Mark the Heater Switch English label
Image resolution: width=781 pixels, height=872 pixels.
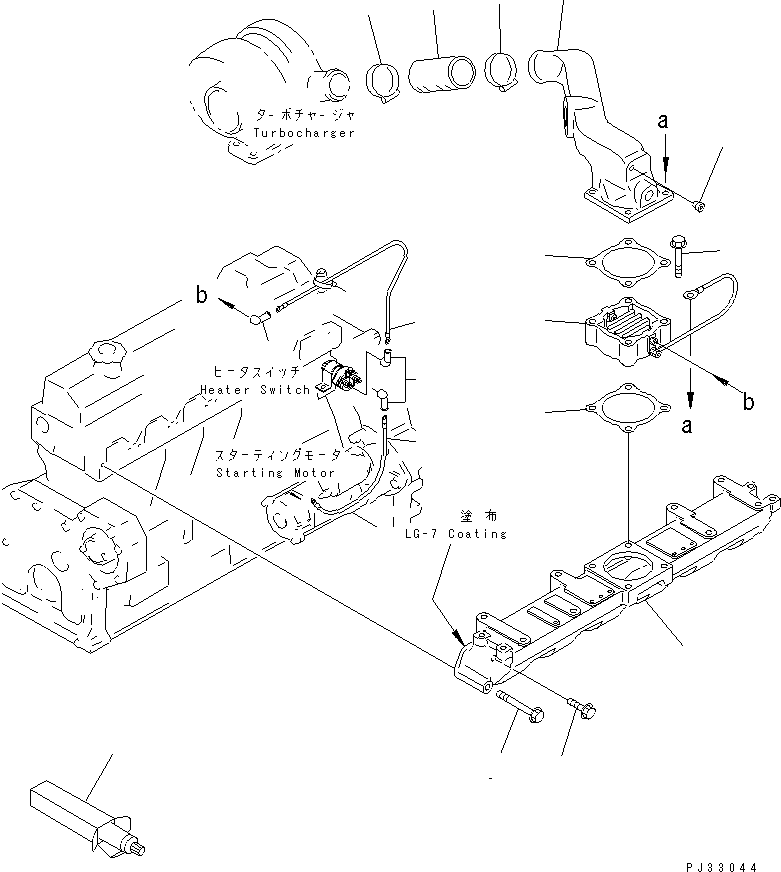(254, 389)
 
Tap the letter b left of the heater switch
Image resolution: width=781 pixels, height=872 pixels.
(200, 296)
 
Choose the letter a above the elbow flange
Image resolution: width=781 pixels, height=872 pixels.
(662, 122)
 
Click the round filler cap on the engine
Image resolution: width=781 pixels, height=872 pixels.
(104, 353)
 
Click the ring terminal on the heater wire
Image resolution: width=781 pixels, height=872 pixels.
(690, 295)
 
